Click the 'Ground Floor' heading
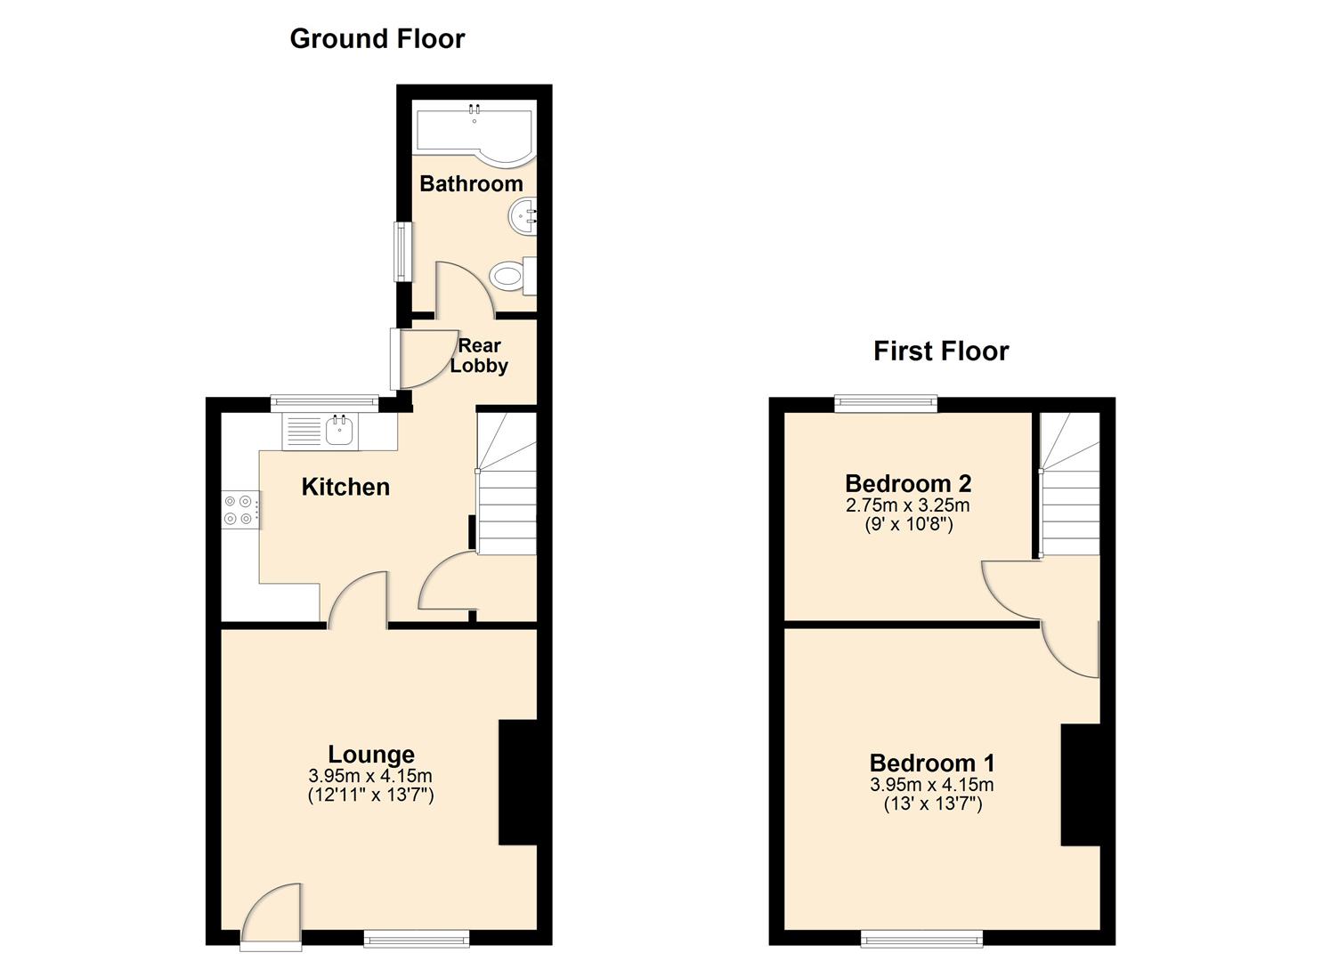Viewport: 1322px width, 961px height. point(377,39)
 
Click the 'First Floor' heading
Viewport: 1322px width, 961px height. point(940,351)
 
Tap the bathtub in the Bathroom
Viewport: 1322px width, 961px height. point(474,133)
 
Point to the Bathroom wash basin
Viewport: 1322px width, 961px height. point(523,216)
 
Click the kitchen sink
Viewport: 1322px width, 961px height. point(339,432)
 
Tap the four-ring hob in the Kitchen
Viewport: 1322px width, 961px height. point(239,510)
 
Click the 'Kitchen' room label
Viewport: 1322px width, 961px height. point(345,487)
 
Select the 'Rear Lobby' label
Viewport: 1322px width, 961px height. point(479,356)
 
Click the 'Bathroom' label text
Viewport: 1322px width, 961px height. point(471,184)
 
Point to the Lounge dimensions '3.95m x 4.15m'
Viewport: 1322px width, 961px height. point(370,776)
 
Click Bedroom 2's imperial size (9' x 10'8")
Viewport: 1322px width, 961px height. point(908,525)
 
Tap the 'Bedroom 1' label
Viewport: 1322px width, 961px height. point(931,763)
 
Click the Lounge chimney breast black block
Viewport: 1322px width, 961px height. point(517,781)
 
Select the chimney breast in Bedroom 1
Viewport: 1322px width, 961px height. point(1080,785)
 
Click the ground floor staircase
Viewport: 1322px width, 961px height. point(507,485)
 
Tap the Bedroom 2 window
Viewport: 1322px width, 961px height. point(886,404)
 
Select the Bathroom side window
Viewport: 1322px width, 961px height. point(404,252)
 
